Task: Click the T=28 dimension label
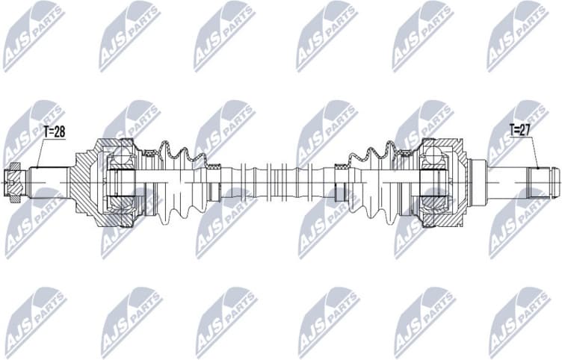(x=53, y=132)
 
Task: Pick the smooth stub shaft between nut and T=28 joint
(x=49, y=180)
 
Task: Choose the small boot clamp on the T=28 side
(x=214, y=179)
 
